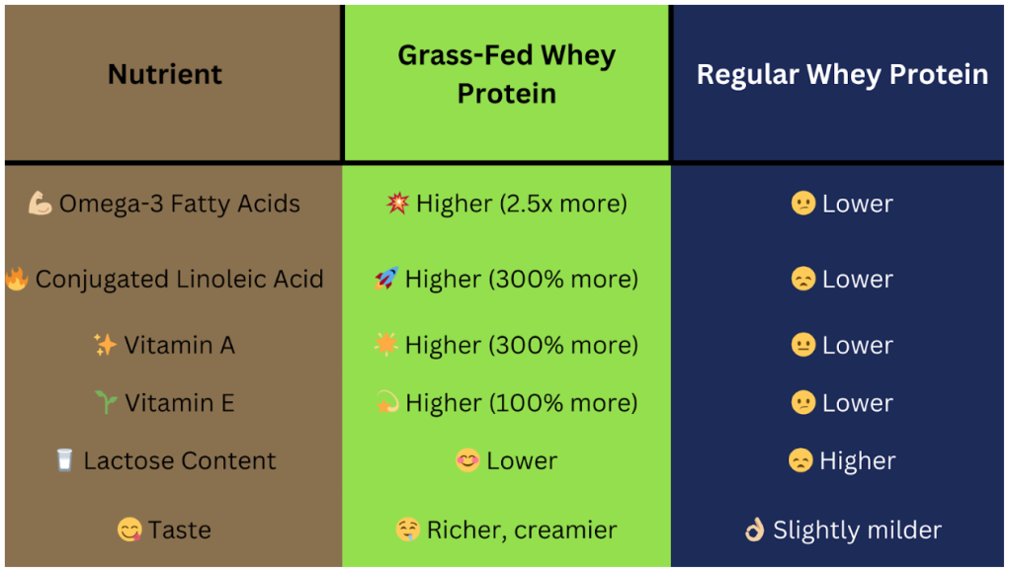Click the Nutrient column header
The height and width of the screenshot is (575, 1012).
pyautogui.click(x=165, y=74)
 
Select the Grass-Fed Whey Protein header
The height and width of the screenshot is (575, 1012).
pyautogui.click(x=506, y=74)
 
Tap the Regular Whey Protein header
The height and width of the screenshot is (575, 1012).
pyautogui.click(x=842, y=75)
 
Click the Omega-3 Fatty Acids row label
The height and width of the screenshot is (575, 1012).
pyautogui.click(x=179, y=204)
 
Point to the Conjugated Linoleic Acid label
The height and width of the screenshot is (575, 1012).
pyautogui.click(x=179, y=280)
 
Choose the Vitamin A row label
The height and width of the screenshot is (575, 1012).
pyautogui.click(x=179, y=345)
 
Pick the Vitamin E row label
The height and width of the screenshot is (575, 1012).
pyautogui.click(x=179, y=403)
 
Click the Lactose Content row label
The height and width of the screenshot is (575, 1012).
pyautogui.click(x=180, y=460)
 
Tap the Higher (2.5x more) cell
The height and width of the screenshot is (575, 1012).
pyautogui.click(x=521, y=204)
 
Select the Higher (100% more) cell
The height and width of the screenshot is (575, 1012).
pyautogui.click(x=521, y=403)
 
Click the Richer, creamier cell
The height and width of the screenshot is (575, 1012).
pyautogui.click(x=521, y=530)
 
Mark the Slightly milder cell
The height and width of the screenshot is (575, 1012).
pyautogui.click(x=857, y=530)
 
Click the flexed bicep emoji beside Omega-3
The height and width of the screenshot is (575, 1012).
pyautogui.click(x=41, y=204)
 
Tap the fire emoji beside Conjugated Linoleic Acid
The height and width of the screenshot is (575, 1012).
pyautogui.click(x=17, y=280)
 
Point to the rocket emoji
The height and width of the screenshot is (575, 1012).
pyautogui.click(x=386, y=280)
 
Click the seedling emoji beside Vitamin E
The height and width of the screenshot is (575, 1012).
pyautogui.click(x=106, y=403)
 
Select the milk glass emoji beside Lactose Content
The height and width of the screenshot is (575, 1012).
pyautogui.click(x=65, y=460)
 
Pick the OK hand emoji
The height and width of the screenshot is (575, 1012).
pyautogui.click(x=755, y=530)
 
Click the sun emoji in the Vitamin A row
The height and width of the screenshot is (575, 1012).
pyautogui.click(x=385, y=345)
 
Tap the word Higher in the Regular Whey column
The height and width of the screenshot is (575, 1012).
pyautogui.click(x=857, y=460)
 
